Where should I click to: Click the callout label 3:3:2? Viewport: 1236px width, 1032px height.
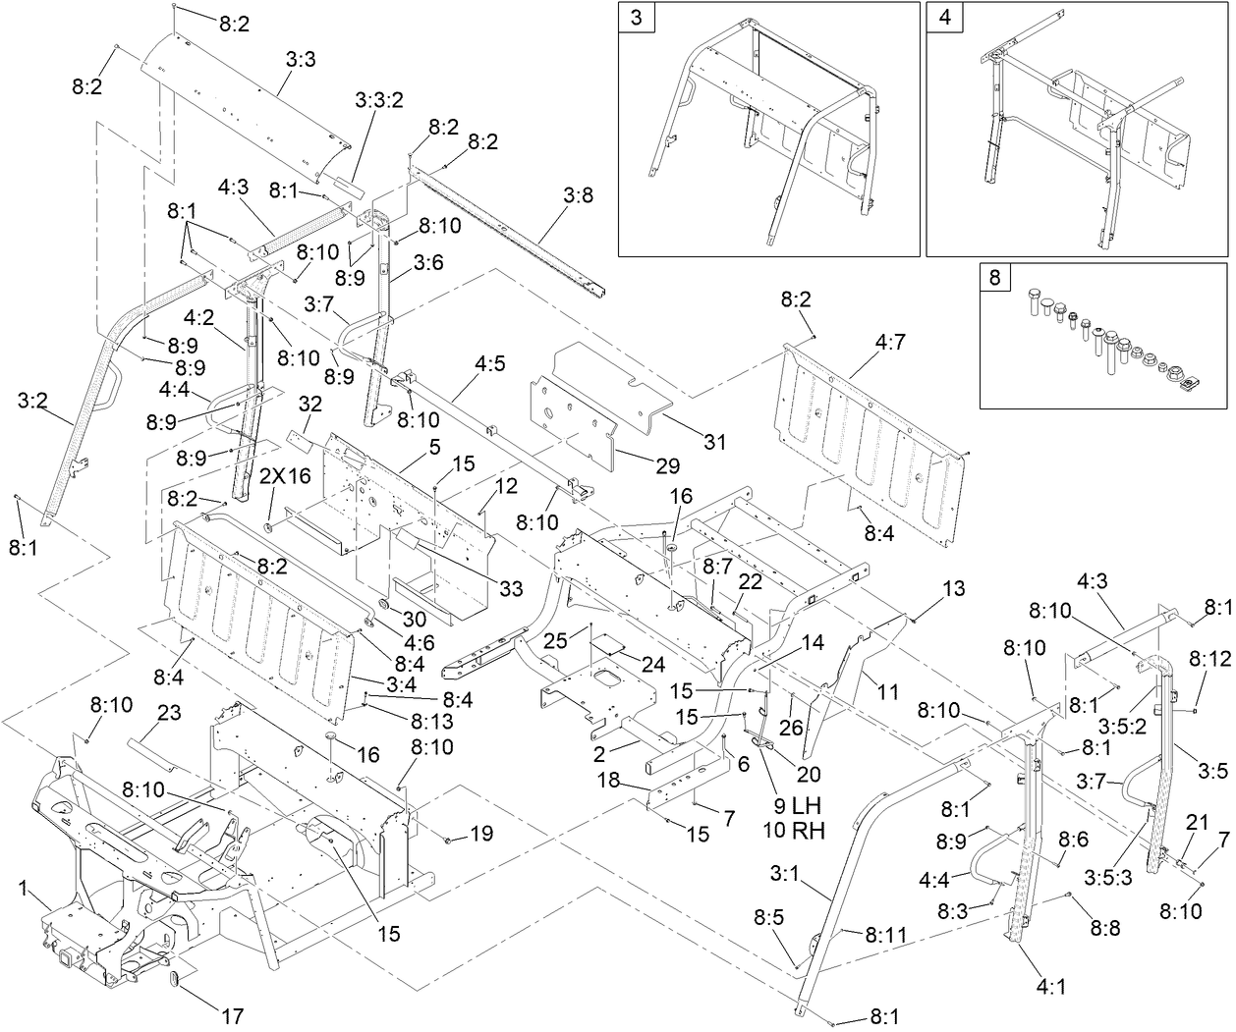379,101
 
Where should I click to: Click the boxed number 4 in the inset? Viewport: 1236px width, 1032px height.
944,21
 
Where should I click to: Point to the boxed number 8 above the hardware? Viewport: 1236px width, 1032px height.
995,279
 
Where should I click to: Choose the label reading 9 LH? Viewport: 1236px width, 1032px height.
791,805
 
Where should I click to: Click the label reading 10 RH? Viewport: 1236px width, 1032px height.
793,831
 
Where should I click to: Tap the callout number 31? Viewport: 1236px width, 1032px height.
715,443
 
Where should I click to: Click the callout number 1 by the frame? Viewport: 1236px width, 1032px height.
23,888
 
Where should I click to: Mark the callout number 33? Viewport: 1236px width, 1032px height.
511,588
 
